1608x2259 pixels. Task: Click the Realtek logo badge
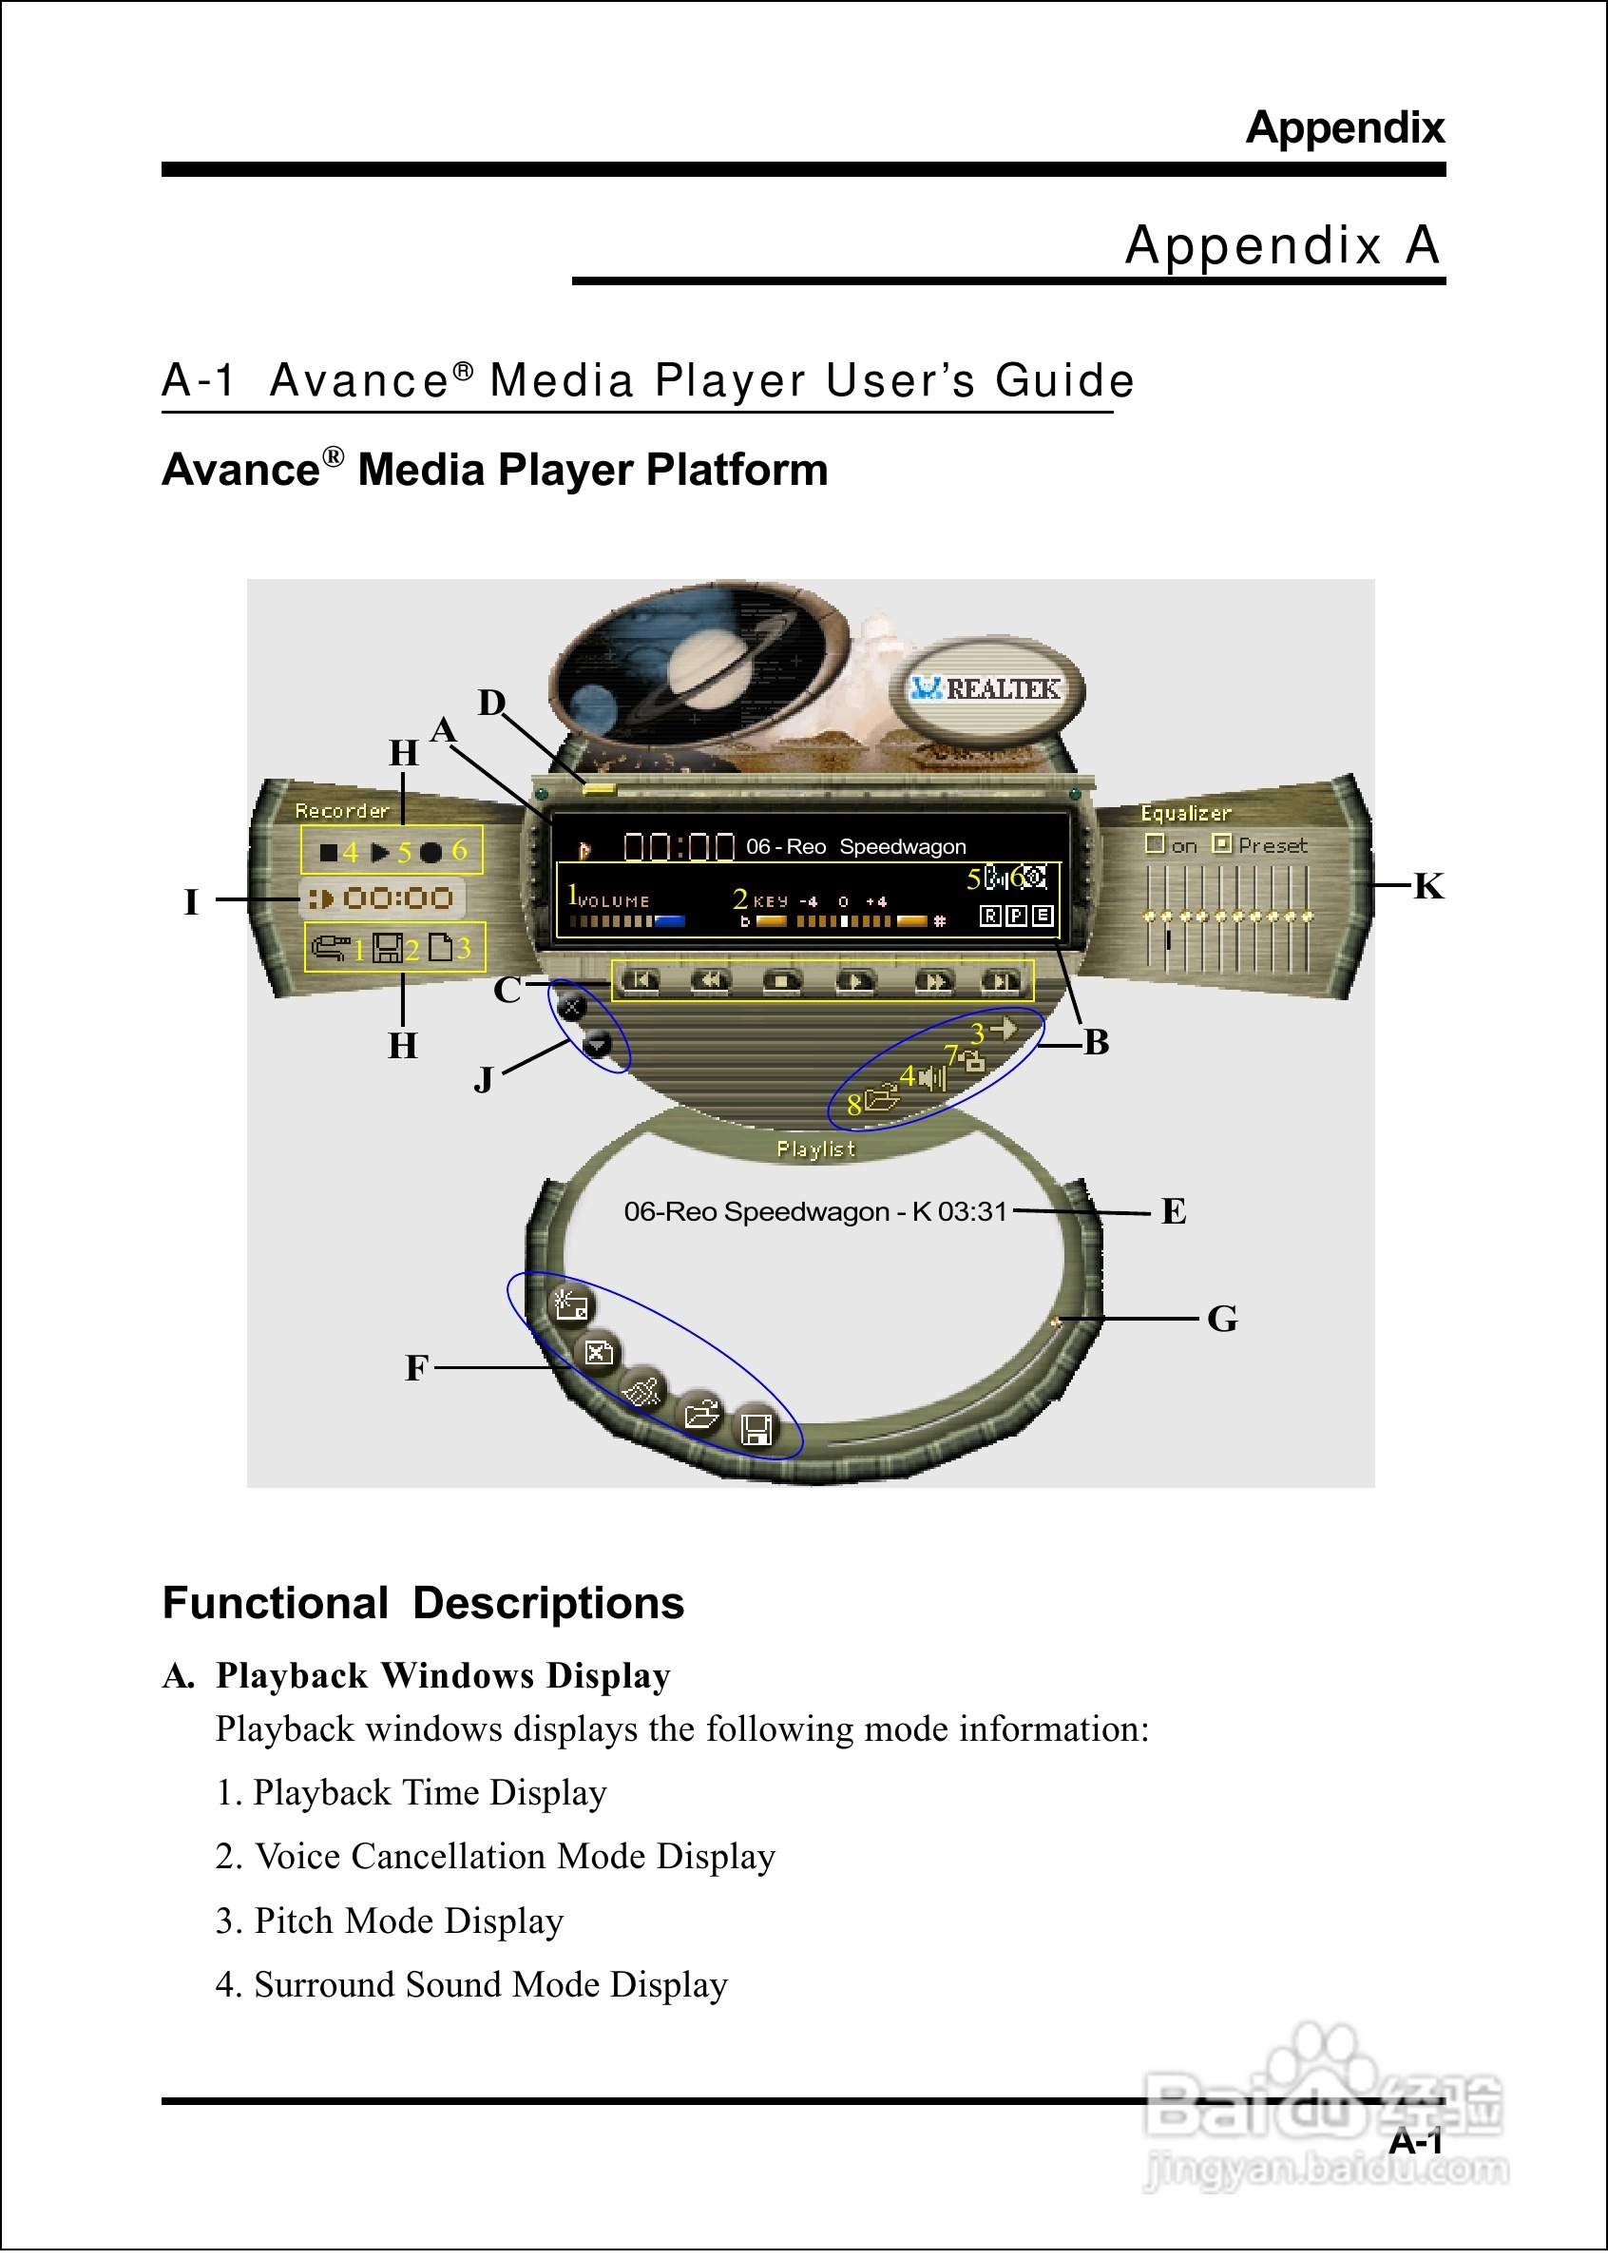pos(987,688)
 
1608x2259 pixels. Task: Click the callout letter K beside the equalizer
pos(1427,886)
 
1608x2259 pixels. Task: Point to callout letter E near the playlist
pos(1174,1211)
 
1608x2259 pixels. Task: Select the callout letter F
pos(417,1368)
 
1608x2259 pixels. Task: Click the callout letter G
pos(1222,1319)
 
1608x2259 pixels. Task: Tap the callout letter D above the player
pos(492,704)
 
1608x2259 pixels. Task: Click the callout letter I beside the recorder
pos(192,902)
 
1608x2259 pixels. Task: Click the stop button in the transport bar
pos(782,981)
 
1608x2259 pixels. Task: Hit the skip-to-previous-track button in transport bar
pos(640,981)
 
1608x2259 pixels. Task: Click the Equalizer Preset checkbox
pos(1222,843)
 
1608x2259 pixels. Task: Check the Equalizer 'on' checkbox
pos(1155,843)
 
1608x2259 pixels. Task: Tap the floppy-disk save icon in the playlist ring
pos(757,1430)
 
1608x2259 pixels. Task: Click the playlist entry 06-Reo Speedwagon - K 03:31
pos(814,1211)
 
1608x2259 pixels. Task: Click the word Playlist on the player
pos(814,1149)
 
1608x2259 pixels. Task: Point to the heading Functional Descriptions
pos(423,1602)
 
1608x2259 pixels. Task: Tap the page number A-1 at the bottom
pos(1414,2142)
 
